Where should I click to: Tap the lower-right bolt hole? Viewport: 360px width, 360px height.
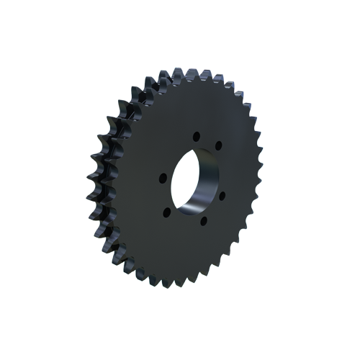(x=221, y=194)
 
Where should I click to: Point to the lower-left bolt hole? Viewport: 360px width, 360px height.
(x=167, y=212)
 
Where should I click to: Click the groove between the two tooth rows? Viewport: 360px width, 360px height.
(x=107, y=180)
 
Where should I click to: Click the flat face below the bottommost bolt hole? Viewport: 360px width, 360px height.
(x=202, y=248)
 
